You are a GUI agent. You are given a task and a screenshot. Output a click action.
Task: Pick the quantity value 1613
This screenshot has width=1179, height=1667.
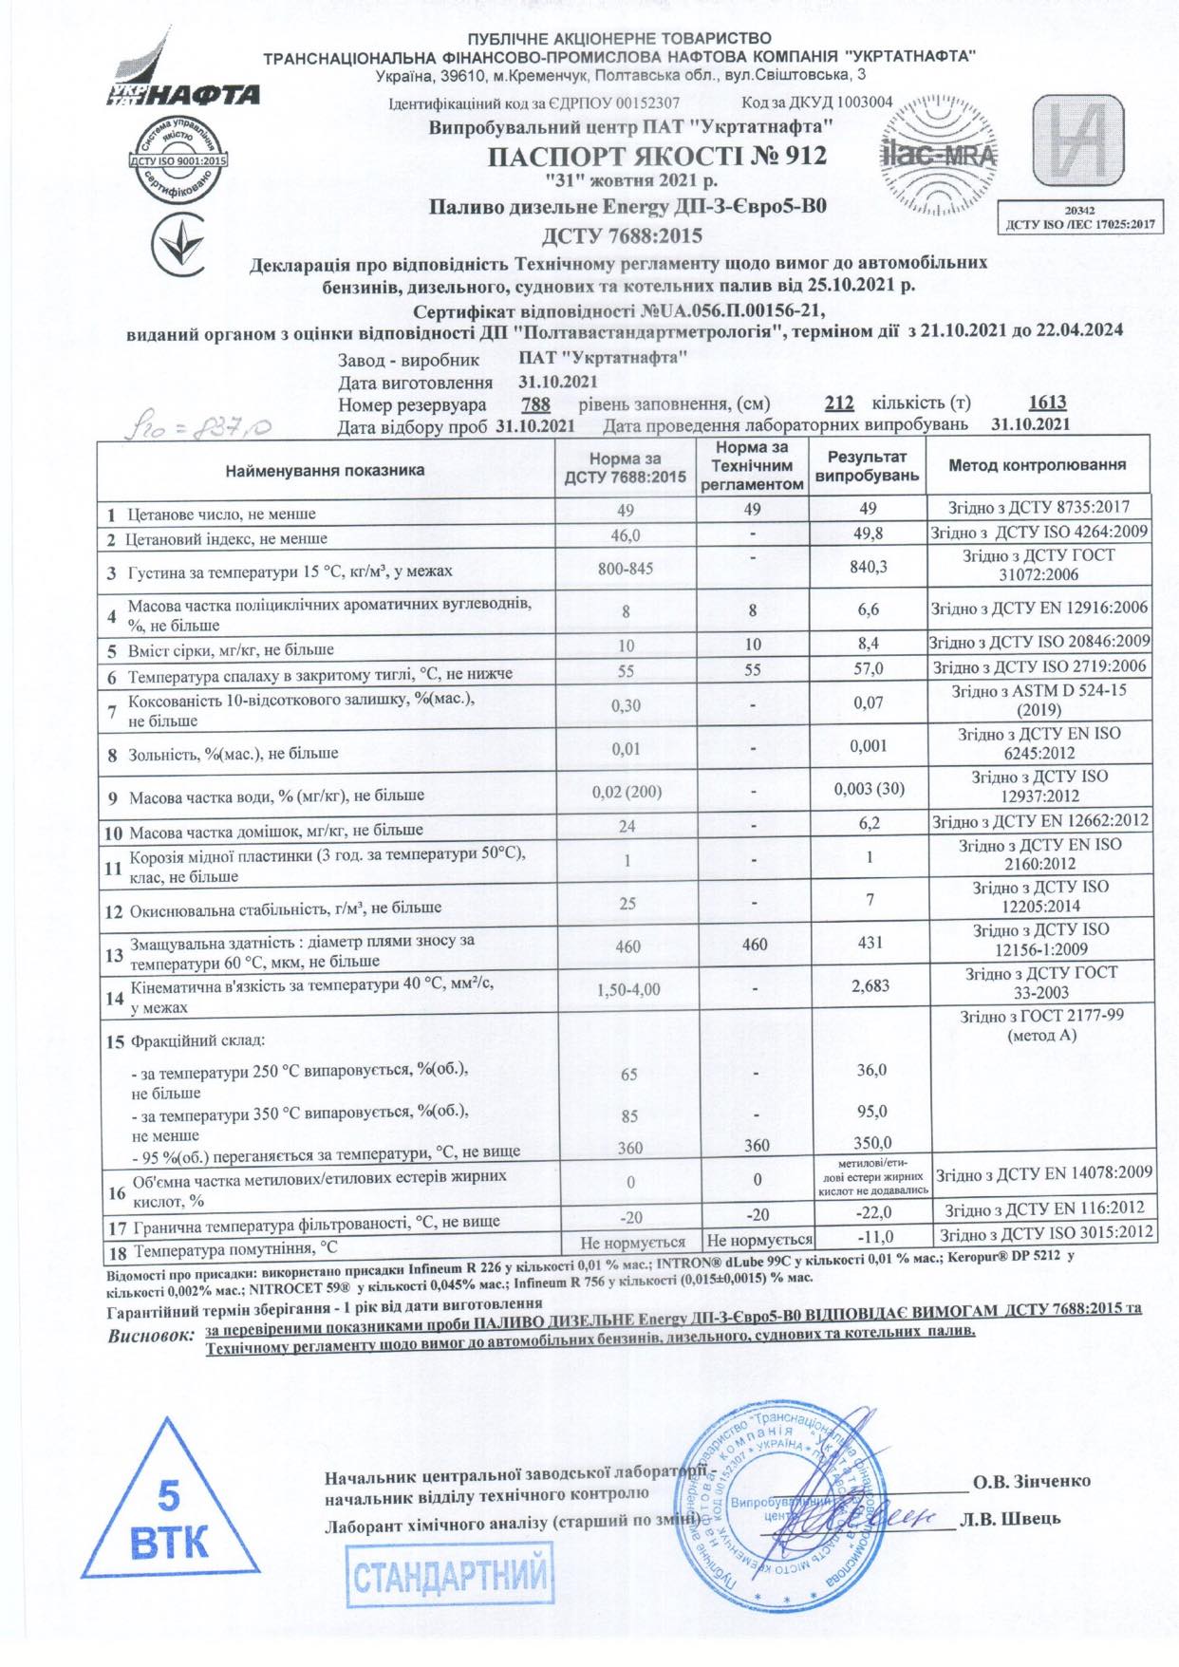tap(1048, 403)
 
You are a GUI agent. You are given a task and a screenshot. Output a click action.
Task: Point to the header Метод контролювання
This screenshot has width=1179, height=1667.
tap(1038, 465)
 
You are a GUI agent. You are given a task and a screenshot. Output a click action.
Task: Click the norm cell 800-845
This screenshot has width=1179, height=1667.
tap(625, 569)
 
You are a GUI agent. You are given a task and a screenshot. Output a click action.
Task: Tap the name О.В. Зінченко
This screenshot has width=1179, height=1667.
tap(1032, 1481)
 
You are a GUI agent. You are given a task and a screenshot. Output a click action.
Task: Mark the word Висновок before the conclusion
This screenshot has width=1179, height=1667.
tap(151, 1336)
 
